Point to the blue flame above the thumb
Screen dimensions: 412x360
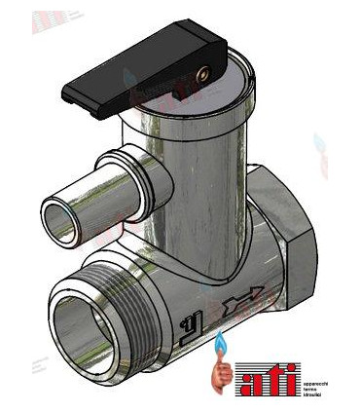pos(221,342)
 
